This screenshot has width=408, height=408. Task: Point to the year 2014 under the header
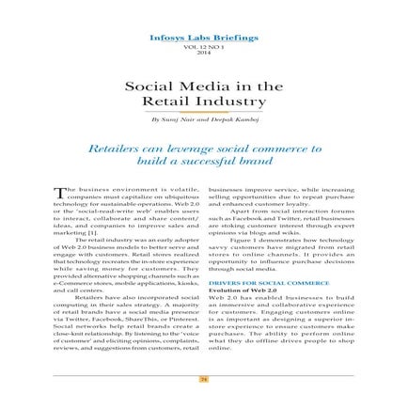pyautogui.click(x=203, y=53)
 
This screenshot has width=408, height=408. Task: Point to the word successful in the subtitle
pyautogui.click(x=223, y=162)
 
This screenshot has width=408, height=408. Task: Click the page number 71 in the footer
pyautogui.click(x=203, y=378)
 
